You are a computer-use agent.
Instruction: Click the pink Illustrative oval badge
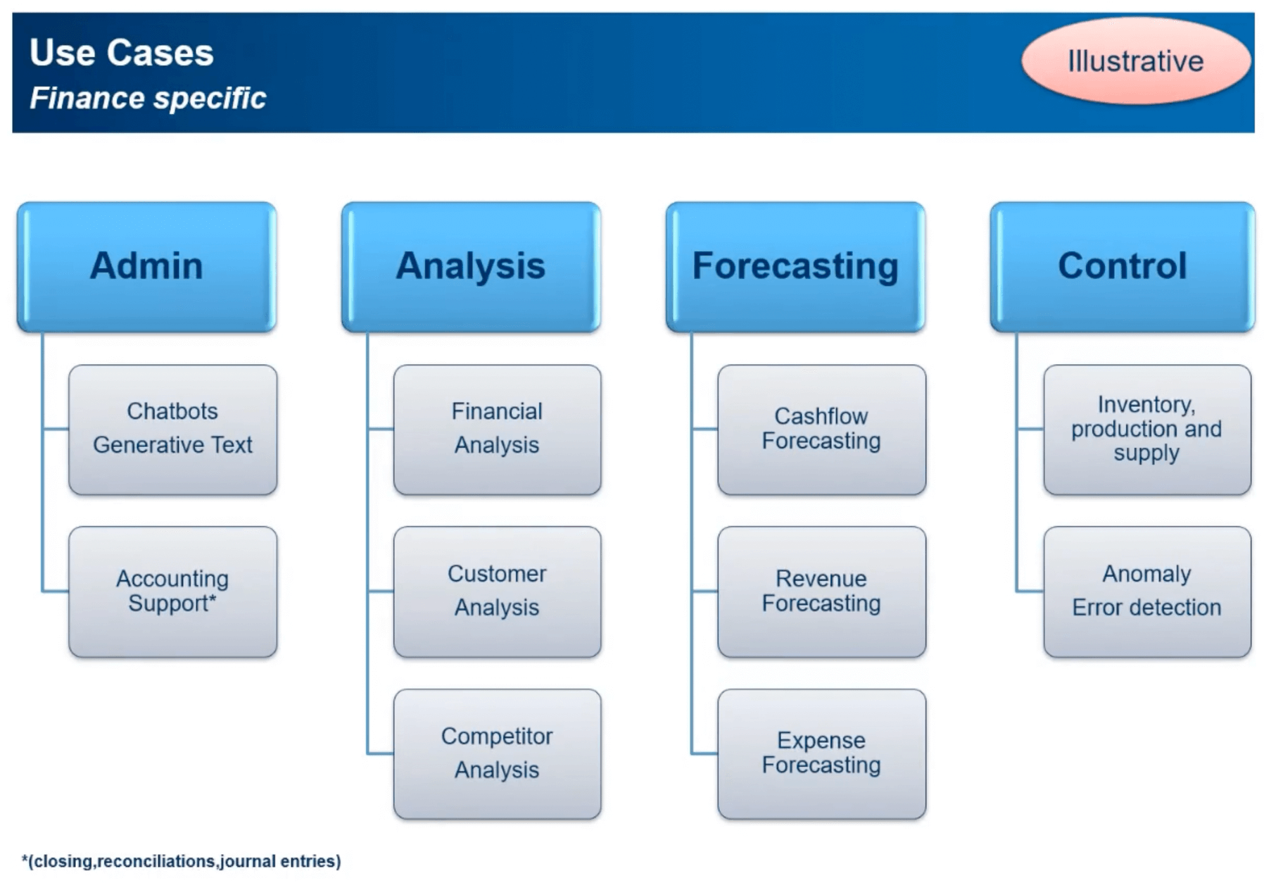pyautogui.click(x=1135, y=61)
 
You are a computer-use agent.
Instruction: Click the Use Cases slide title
pyautogui.click(x=121, y=53)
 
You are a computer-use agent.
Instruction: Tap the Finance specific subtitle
pyautogui.click(x=148, y=98)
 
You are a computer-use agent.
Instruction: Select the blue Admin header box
pyautogui.click(x=146, y=266)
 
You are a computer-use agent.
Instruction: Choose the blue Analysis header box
pyautogui.click(x=470, y=266)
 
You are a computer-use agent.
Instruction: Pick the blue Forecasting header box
pyautogui.click(x=795, y=266)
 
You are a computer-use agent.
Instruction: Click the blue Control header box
pyautogui.click(x=1122, y=266)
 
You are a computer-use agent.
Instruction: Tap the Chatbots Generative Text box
pyautogui.click(x=172, y=430)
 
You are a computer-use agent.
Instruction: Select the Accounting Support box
pyautogui.click(x=172, y=591)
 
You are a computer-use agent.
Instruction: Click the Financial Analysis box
pyautogui.click(x=497, y=430)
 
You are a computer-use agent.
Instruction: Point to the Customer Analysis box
pyautogui.click(x=497, y=591)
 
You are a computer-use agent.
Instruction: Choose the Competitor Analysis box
pyautogui.click(x=497, y=753)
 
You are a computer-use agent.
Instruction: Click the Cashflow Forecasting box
pyautogui.click(x=821, y=430)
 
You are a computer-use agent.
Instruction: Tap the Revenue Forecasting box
pyautogui.click(x=821, y=591)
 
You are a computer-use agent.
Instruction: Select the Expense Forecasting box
pyautogui.click(x=821, y=753)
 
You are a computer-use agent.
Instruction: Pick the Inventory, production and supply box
pyautogui.click(x=1146, y=430)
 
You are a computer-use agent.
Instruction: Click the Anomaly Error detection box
pyautogui.click(x=1146, y=591)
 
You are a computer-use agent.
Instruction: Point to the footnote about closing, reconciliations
pyautogui.click(x=181, y=861)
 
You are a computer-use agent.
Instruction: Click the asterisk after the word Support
pyautogui.click(x=213, y=599)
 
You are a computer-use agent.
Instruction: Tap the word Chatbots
pyautogui.click(x=172, y=411)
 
